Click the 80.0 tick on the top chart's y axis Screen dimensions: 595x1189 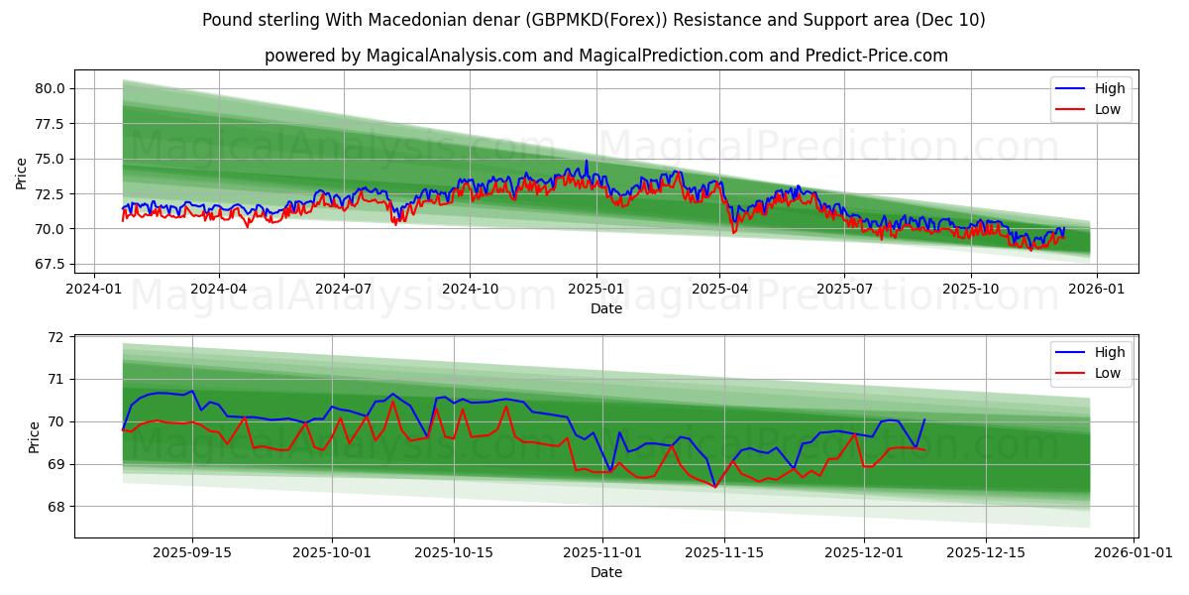click(x=50, y=88)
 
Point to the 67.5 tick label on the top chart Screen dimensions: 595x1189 click(x=50, y=264)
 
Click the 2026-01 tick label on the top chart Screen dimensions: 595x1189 click(x=1097, y=289)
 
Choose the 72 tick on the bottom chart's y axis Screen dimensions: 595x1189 click(x=54, y=337)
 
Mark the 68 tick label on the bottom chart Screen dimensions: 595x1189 click(x=54, y=507)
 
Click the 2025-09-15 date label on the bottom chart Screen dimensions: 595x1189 click(x=192, y=552)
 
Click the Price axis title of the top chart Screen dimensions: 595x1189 click(x=22, y=174)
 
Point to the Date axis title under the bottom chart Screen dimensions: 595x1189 click(x=605, y=572)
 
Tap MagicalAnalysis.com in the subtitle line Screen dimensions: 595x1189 click(x=446, y=56)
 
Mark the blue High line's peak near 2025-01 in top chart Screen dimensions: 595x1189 click(x=586, y=161)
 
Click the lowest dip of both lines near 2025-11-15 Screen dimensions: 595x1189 click(x=714, y=487)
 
